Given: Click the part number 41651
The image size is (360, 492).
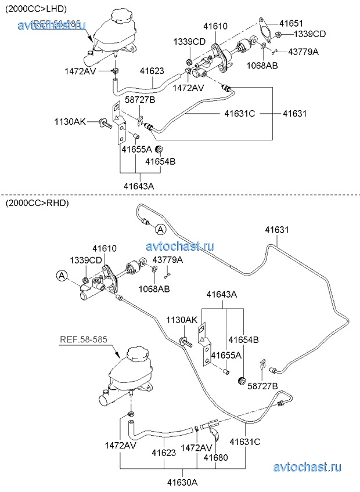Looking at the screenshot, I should click(x=291, y=23).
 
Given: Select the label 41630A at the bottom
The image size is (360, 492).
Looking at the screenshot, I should click(x=182, y=481).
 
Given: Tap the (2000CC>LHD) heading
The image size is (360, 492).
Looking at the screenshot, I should click(x=36, y=9).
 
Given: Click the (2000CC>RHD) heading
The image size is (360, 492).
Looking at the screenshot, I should click(x=36, y=203).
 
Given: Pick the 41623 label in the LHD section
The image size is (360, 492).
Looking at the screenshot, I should click(x=152, y=71).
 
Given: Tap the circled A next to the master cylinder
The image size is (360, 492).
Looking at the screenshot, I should click(x=62, y=275).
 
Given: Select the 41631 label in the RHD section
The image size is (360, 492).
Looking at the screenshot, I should click(x=276, y=230).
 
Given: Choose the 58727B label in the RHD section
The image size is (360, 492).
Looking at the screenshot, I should click(x=262, y=386).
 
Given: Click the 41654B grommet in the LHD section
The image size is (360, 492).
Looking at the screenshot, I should click(x=157, y=151).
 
